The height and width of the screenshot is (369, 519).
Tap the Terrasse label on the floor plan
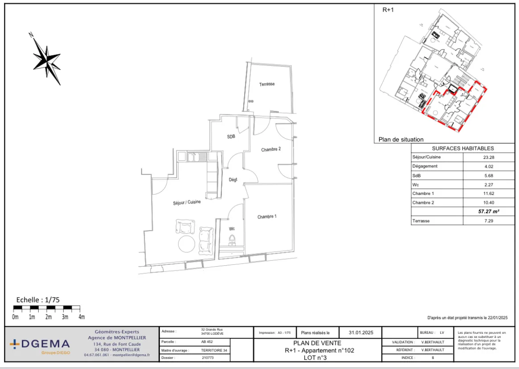pos(267,84)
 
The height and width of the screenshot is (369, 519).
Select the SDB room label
pos(231,137)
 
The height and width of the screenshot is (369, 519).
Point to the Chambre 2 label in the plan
pos(271,150)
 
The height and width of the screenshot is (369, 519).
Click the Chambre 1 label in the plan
pos(267,217)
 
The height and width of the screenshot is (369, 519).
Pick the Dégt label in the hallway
pos(233,180)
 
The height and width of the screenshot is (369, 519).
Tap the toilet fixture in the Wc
pos(232,241)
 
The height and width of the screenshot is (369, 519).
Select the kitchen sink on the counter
pos(194,157)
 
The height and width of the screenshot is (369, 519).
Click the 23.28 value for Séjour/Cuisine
pos(489,157)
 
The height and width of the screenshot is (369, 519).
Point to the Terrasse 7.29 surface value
pos(489,221)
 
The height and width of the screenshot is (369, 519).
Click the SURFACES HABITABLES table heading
pos(463,149)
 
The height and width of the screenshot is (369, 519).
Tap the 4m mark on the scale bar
pos(82,317)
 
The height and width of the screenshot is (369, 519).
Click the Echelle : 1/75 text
pos(38,300)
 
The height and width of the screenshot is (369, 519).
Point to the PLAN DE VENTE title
pos(317,343)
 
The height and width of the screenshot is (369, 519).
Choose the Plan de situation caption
pos(401,139)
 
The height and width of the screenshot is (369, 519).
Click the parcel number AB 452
pos(207,342)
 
